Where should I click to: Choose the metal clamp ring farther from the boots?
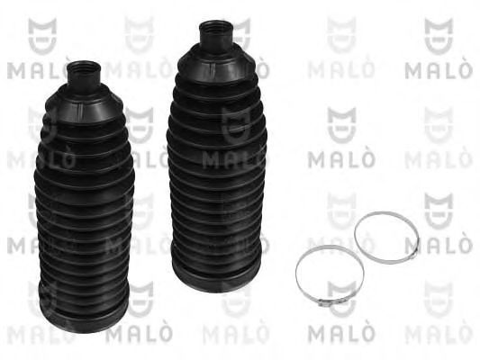pyautogui.click(x=386, y=235)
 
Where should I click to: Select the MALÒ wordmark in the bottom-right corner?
pyautogui.click(x=436, y=337)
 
